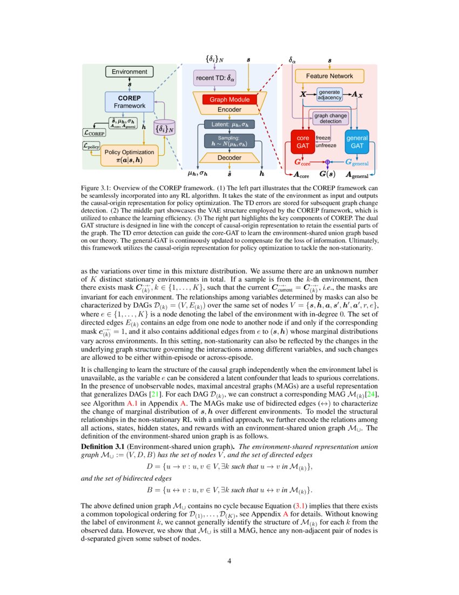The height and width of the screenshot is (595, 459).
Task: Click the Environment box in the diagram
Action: pos(129,71)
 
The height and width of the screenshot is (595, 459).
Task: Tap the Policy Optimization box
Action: pos(129,156)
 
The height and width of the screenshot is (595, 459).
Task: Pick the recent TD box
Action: pos(215,78)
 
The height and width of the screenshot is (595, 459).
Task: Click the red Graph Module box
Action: pos(230,100)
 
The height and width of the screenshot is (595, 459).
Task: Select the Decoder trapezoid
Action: pos(230,158)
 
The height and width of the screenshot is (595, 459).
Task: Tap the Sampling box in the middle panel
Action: pos(228,142)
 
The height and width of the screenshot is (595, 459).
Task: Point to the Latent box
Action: pos(229,125)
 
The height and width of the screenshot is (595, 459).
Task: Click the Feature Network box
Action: pos(329,76)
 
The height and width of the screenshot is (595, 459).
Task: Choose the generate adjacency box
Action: pos(329,95)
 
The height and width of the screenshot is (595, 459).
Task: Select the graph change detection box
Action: pos(330,118)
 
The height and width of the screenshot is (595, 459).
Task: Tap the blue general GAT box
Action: pos(356,142)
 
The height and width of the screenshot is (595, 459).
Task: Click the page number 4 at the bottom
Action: pos(230,561)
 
